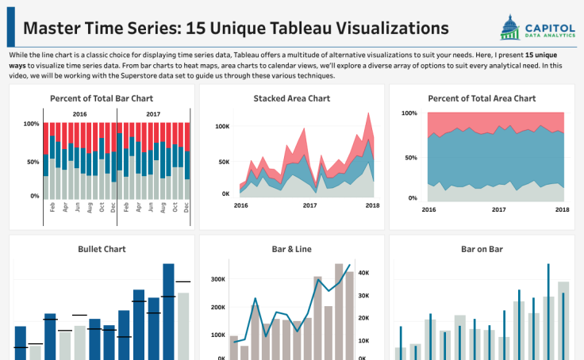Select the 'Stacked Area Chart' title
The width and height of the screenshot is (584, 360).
pos(292,98)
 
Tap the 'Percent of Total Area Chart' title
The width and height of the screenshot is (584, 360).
pos(482,98)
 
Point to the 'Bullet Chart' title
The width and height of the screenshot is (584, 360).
pos(102,249)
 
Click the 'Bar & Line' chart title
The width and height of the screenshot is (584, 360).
pos(292,249)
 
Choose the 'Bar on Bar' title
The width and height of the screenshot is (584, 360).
pos(482,249)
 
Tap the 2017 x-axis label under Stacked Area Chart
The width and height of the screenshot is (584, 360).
pos(309,205)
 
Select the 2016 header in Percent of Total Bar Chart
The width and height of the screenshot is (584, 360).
pos(79,114)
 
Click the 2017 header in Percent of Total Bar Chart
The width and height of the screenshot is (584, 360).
pos(153,114)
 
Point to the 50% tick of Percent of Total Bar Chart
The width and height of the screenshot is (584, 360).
pos(33,162)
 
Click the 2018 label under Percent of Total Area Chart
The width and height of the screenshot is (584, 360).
pos(562,210)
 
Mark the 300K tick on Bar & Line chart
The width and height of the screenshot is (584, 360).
pos(217,280)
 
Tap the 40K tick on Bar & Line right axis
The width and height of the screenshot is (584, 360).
pos(365,273)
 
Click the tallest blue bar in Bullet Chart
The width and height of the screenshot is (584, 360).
pos(168,309)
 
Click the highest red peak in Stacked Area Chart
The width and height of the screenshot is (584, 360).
pos(368,114)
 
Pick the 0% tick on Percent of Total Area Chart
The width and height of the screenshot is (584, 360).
pos(412,198)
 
